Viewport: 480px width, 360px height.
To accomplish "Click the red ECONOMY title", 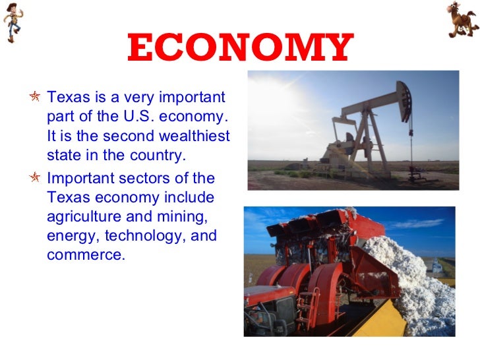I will point(239,47).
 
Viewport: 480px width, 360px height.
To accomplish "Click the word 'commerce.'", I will point(86,255).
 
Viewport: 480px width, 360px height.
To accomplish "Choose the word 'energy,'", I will point(69,235).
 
